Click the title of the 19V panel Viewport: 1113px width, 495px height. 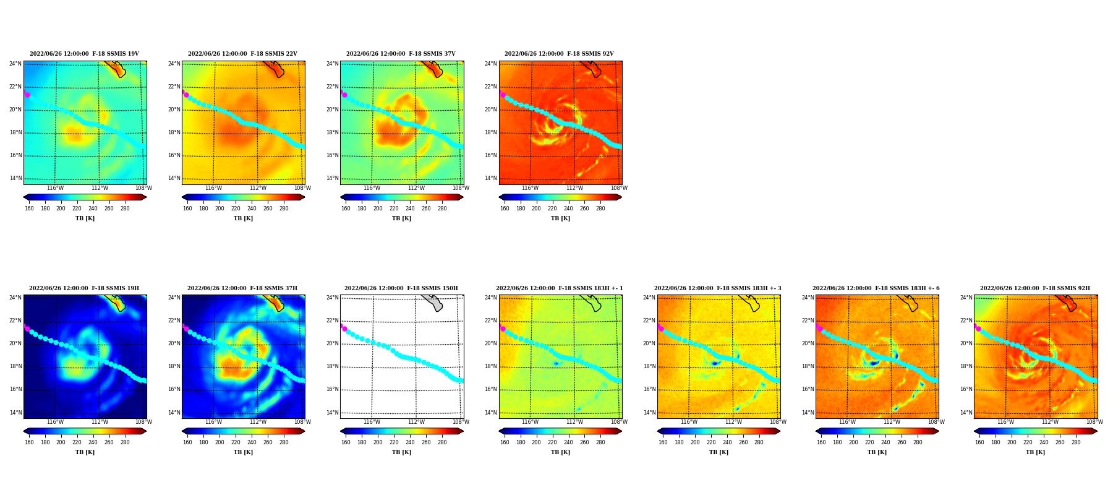pyautogui.click(x=84, y=54)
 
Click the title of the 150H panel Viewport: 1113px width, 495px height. pyautogui.click(x=401, y=288)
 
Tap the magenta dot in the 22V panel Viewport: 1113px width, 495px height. pyautogui.click(x=186, y=95)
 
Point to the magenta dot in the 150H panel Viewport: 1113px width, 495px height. pyautogui.click(x=344, y=329)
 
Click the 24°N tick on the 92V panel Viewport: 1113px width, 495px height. pyautogui.click(x=490, y=64)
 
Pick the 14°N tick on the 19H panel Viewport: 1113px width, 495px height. pyautogui.click(x=15, y=413)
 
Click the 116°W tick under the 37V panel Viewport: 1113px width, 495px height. pyautogui.click(x=372, y=188)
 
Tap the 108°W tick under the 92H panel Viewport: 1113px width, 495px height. pyautogui.click(x=1094, y=423)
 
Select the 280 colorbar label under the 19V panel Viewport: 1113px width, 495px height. pyautogui.click(x=125, y=209)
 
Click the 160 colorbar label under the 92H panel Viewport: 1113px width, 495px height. pyautogui.click(x=979, y=442)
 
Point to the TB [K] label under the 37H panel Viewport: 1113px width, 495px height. pyautogui.click(x=243, y=452)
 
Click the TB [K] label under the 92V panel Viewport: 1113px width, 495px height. pyautogui.click(x=560, y=218)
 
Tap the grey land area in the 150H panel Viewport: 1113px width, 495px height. pyautogui.click(x=434, y=303)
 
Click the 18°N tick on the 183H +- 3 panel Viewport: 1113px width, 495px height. pyautogui.click(x=649, y=366)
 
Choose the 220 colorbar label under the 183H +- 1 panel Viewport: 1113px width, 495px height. pyautogui.click(x=552, y=442)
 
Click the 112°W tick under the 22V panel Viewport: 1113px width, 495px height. pyautogui.click(x=258, y=188)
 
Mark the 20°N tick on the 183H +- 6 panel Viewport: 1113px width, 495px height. pyautogui.click(x=807, y=343)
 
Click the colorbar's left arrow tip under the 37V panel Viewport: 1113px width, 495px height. pyautogui.click(x=341, y=197)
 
